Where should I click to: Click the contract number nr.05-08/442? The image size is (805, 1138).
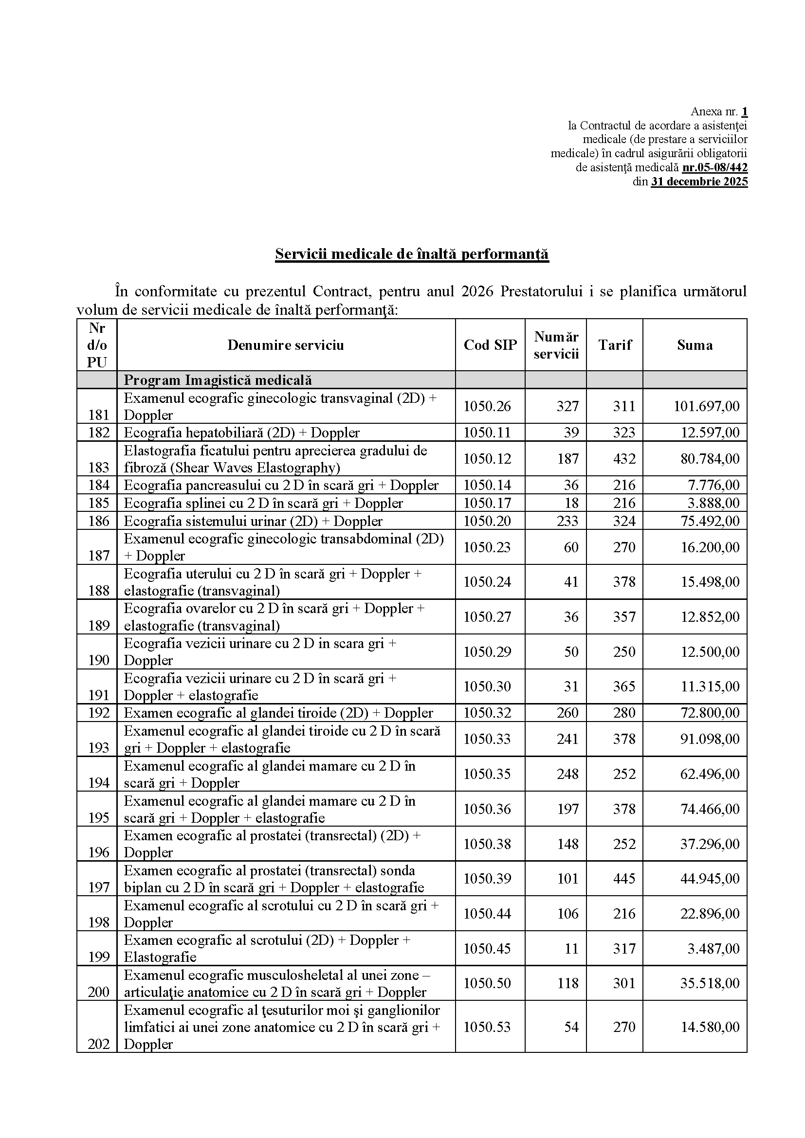tap(714, 167)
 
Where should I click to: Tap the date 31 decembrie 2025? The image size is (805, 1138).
tap(699, 181)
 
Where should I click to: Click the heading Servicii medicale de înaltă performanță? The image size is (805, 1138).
tap(412, 254)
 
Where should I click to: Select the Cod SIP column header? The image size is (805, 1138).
tap(490, 345)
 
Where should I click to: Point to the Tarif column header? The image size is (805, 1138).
tap(615, 345)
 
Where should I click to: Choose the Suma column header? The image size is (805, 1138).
tap(695, 345)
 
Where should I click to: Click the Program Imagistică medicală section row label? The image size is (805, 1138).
tap(218, 380)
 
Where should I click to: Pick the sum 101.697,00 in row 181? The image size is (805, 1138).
tap(706, 406)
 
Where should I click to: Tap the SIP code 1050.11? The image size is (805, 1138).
tap(487, 433)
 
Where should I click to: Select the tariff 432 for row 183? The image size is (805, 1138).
tap(623, 459)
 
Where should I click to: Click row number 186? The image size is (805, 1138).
tap(98, 521)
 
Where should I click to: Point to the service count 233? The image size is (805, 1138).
tap(567, 521)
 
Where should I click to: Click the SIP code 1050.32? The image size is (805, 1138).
tap(487, 713)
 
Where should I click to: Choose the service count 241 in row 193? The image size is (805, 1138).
tap(567, 739)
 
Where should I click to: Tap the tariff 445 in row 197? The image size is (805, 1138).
tap(623, 879)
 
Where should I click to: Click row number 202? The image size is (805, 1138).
tap(98, 1044)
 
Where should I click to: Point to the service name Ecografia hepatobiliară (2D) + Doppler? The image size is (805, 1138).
tap(241, 433)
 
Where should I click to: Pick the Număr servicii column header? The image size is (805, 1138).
tap(556, 345)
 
